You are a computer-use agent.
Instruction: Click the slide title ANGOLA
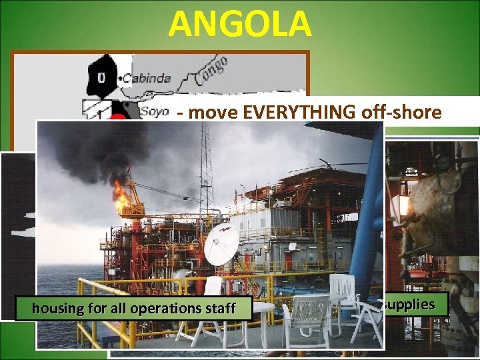(240, 24)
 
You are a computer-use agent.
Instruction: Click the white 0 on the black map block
(101, 78)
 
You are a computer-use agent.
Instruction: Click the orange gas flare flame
(121, 195)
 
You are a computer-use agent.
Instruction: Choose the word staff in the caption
(219, 308)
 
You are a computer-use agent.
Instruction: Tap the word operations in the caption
(169, 308)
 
